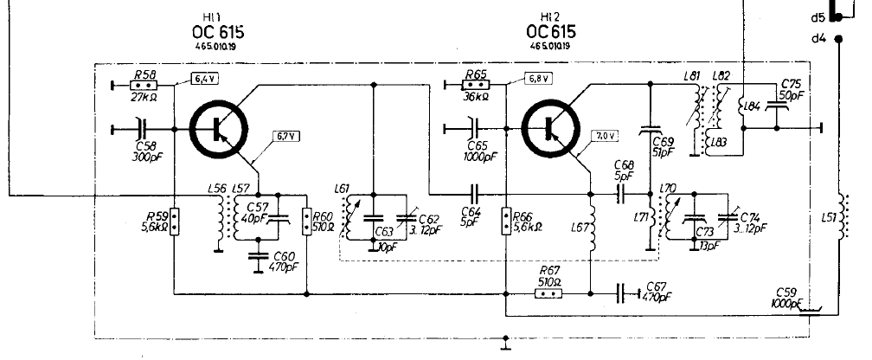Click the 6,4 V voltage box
click(203, 79)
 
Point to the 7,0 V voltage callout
click(606, 135)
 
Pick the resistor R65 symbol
click(474, 85)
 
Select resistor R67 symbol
click(548, 293)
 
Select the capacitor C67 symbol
click(621, 293)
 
